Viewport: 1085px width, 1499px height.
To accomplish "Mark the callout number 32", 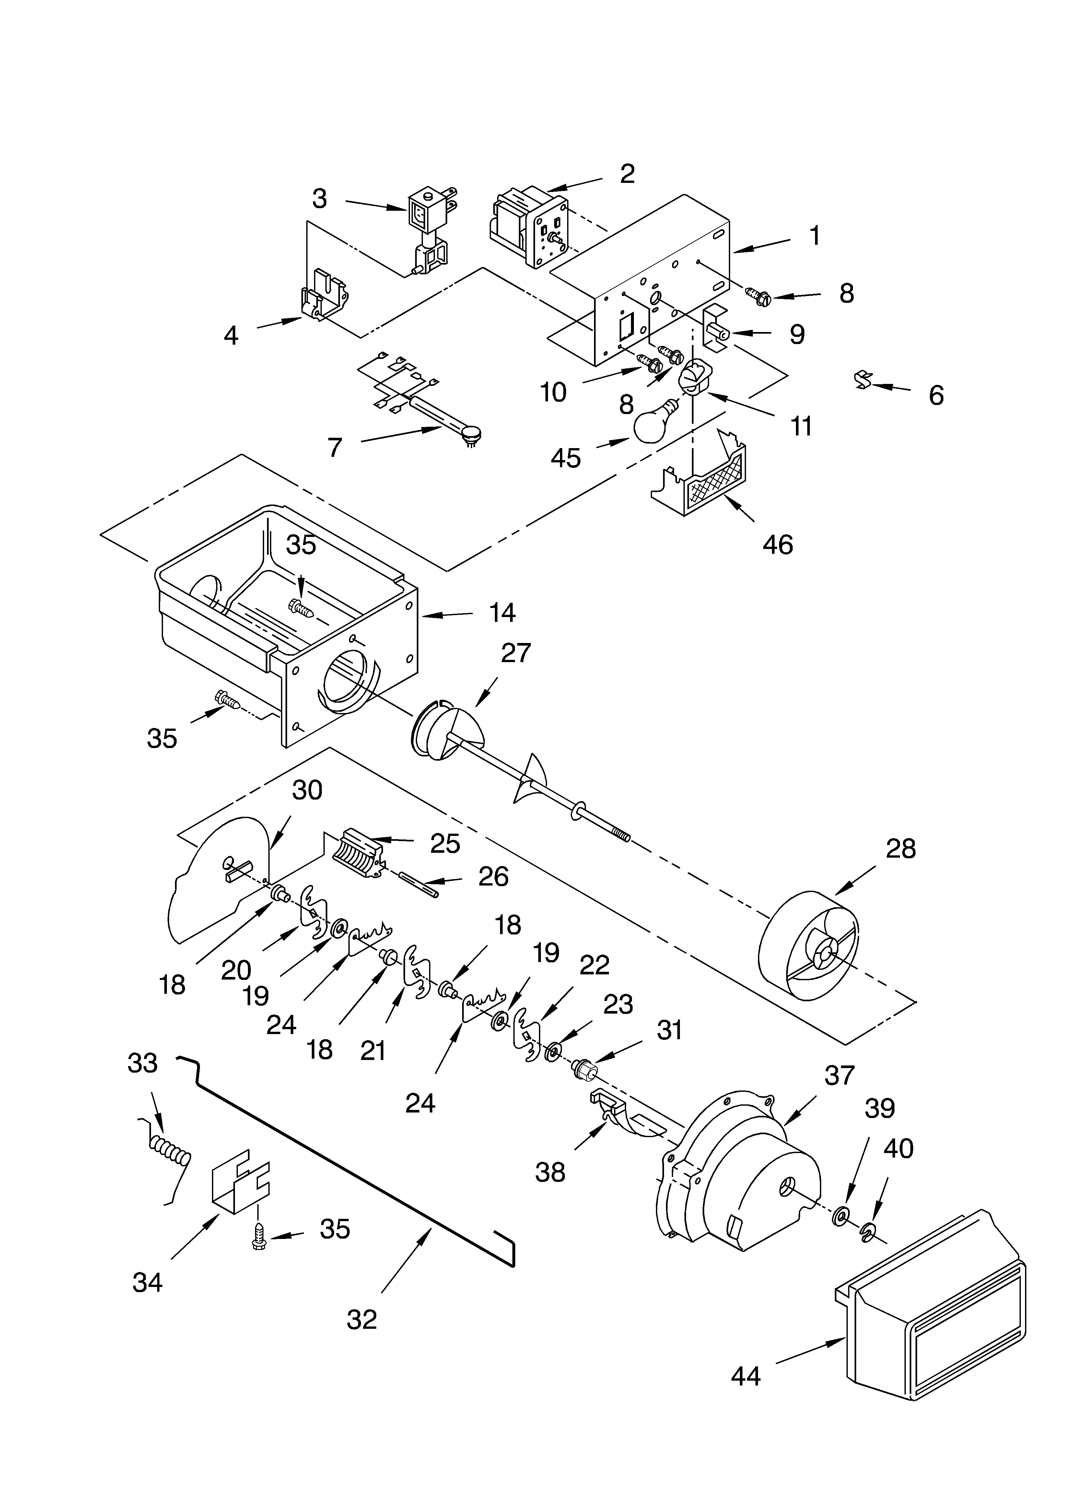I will point(361,1319).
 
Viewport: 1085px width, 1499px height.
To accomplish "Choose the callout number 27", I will point(515,653).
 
